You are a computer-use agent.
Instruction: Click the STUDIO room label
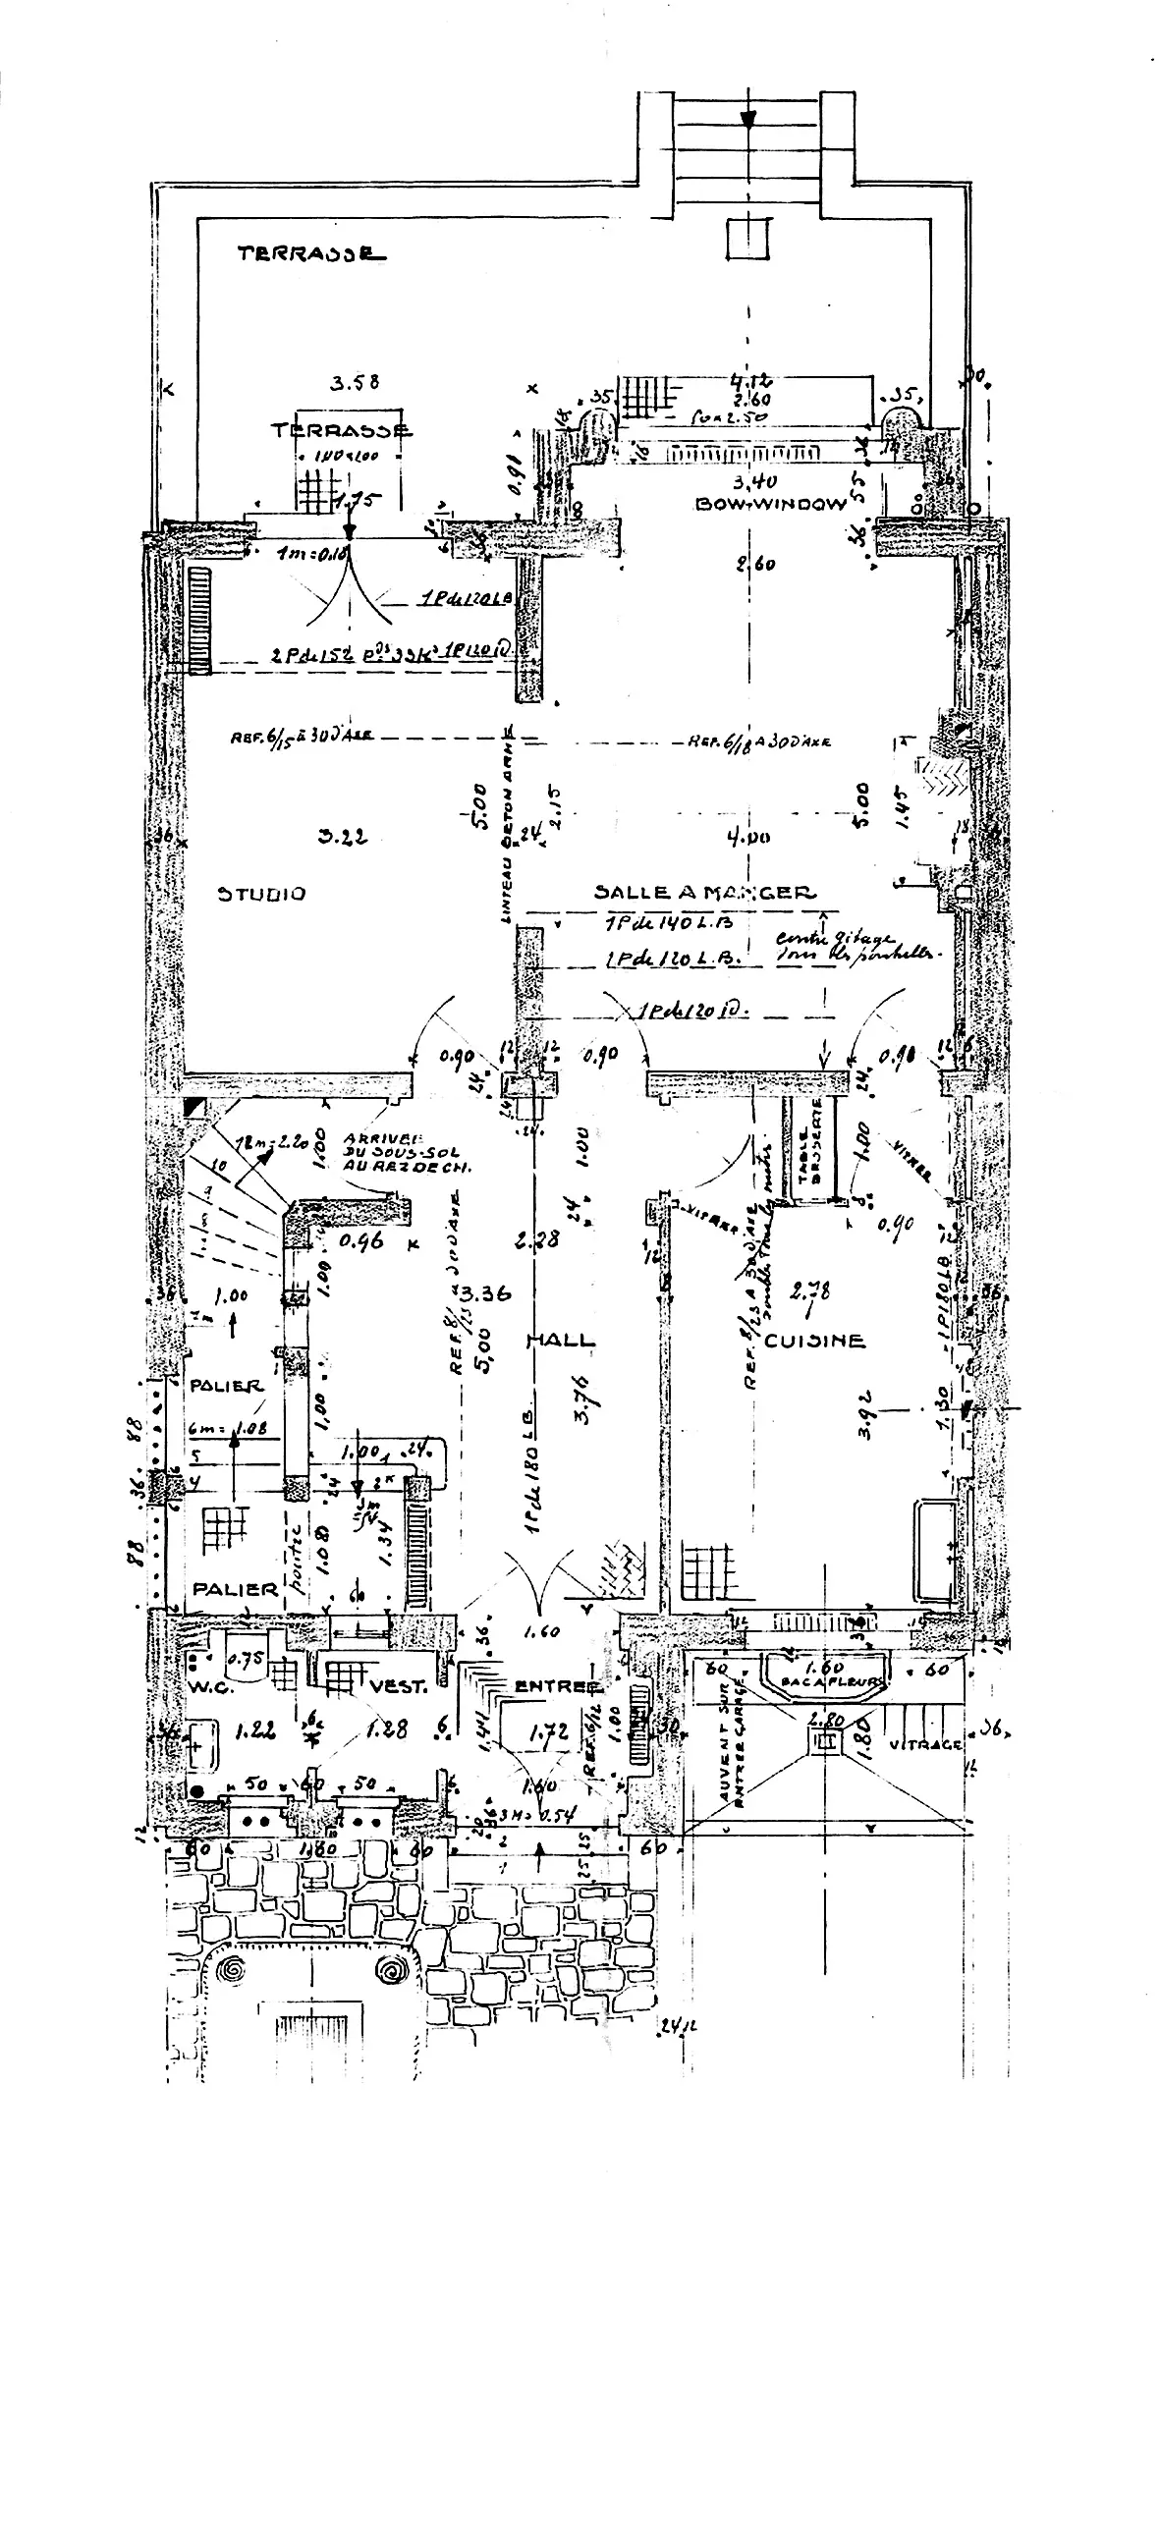tap(261, 894)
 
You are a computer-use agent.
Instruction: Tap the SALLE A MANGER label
tap(704, 893)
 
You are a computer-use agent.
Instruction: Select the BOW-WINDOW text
tap(770, 504)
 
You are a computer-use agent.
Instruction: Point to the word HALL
tap(561, 1340)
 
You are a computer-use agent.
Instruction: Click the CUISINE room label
tap(815, 1340)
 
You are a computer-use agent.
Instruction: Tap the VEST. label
tap(398, 1688)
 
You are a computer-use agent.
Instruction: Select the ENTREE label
tap(557, 1686)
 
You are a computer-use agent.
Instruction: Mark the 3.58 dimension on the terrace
tap(355, 383)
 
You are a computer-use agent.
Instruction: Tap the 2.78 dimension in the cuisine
tap(810, 1290)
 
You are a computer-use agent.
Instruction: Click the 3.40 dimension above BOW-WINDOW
tap(755, 482)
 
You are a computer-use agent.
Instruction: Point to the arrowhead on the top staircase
tap(748, 119)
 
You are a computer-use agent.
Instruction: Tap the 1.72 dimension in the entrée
tap(549, 1734)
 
